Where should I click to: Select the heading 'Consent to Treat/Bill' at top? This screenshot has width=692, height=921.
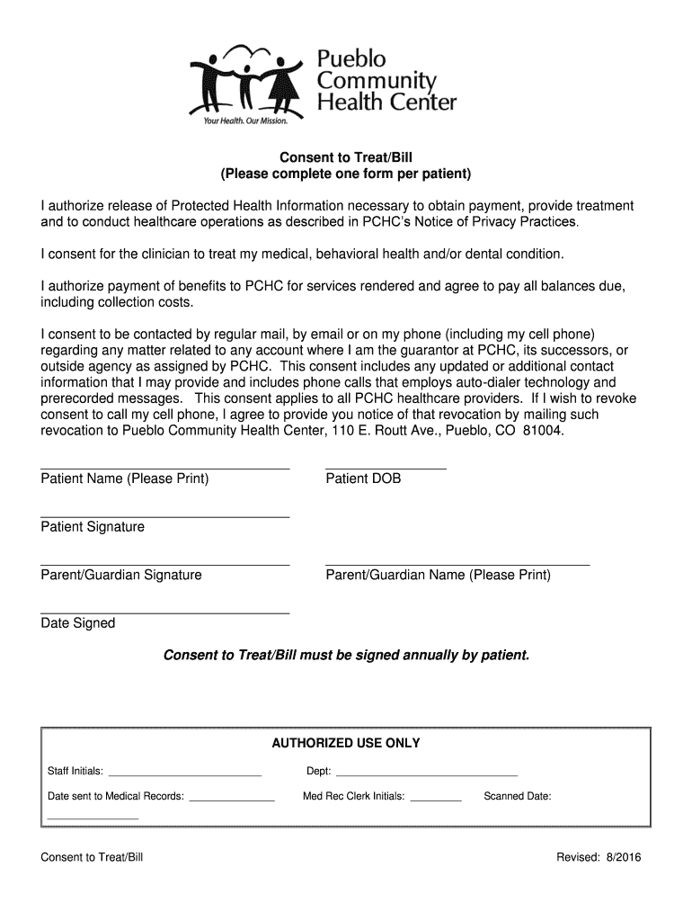click(346, 156)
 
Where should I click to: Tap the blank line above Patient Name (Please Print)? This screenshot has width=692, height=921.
click(165, 469)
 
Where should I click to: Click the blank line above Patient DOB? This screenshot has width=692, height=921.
click(386, 469)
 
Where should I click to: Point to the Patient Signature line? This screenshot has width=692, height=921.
click(165, 516)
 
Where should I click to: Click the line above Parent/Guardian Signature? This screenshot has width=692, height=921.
click(165, 565)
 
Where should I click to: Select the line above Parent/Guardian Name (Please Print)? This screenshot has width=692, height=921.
click(457, 565)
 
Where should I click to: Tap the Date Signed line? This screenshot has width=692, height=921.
click(165, 613)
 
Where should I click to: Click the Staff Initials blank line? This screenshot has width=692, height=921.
click(184, 774)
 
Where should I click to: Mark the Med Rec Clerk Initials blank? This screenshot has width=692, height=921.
click(435, 800)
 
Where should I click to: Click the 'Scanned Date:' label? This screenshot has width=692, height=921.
click(517, 796)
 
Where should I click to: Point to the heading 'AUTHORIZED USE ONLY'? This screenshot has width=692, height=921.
click(346, 743)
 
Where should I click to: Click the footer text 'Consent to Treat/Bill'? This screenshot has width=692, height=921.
click(92, 857)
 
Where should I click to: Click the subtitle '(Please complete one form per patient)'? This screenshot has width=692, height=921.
click(346, 172)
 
